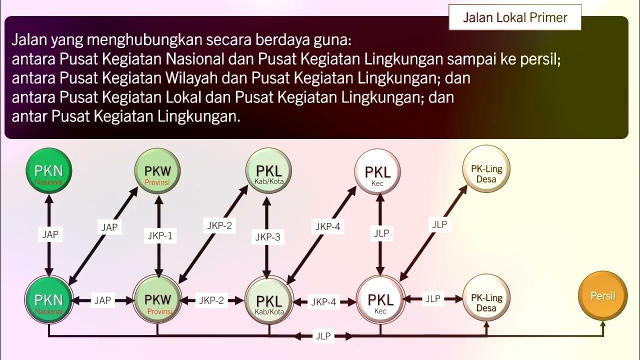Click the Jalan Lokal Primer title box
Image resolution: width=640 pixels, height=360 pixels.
point(515,17)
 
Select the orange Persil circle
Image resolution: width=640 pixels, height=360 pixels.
point(602,295)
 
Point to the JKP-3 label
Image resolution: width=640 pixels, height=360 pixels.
point(268,237)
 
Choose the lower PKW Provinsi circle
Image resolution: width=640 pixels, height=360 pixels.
point(157,300)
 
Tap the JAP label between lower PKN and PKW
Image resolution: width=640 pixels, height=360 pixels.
point(102,300)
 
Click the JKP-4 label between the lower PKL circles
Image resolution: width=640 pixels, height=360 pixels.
point(323,302)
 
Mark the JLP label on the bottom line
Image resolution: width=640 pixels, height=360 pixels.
point(323,336)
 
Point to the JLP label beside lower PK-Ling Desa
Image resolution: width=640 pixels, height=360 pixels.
point(433,299)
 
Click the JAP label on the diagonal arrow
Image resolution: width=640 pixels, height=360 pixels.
point(109,227)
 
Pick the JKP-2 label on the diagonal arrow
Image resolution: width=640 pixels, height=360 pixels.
point(219,225)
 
